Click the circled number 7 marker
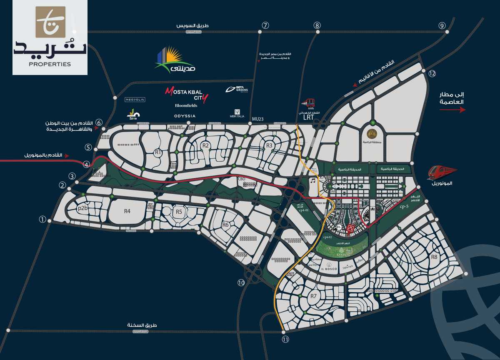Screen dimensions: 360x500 pos(265,25)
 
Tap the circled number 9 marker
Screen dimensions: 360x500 pos(442,25)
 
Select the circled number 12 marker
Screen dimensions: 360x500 pos(432,74)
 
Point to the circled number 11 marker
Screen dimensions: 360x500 pos(285,339)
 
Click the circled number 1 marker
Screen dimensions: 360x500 pos(42,219)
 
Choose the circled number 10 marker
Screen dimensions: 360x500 pos(241,282)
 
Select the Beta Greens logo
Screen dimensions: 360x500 pos(237,89)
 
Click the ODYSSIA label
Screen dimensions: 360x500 pos(185,116)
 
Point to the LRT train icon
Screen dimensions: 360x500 pos(309,103)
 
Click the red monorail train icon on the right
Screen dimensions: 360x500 pos(441,171)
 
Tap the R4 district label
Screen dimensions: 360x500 pos(127,211)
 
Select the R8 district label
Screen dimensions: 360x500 pos(434,257)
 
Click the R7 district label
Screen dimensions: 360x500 pos(314,296)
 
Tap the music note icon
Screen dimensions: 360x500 pos(312,181)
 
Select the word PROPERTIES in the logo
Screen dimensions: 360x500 pos(50,64)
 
